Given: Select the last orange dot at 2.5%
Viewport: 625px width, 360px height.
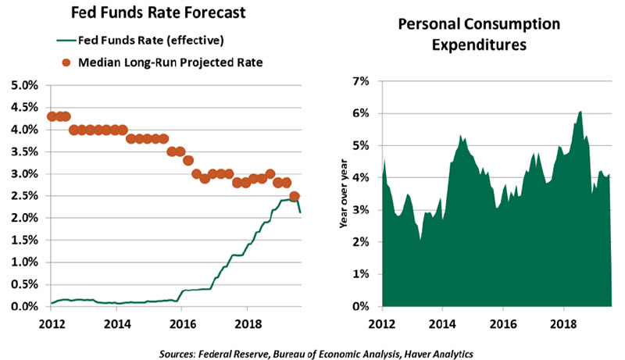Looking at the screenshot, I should point(295,196).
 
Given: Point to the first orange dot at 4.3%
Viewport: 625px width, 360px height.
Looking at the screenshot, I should point(52,116).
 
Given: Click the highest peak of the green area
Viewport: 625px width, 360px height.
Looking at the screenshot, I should point(580,112).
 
